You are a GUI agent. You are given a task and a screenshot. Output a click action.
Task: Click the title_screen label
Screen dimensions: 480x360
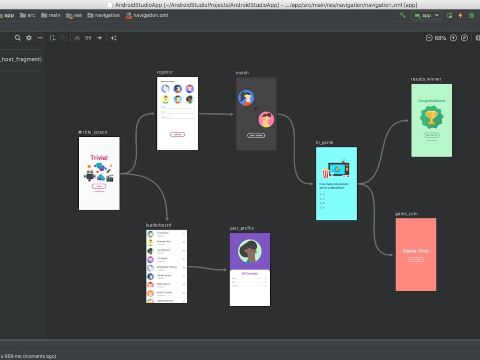click(x=95, y=132)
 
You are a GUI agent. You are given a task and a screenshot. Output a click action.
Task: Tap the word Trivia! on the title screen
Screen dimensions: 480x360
click(x=99, y=157)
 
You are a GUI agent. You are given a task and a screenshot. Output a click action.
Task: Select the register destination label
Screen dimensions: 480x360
click(x=165, y=72)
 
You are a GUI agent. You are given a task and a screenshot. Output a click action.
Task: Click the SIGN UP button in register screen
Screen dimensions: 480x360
click(x=178, y=135)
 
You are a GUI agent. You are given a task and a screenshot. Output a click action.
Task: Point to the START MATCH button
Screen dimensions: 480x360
click(x=256, y=135)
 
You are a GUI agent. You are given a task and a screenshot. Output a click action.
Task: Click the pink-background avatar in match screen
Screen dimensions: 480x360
click(x=266, y=119)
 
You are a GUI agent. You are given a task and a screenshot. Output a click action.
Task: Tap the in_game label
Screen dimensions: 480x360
click(x=324, y=143)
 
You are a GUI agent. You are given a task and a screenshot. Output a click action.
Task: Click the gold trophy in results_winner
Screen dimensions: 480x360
click(x=432, y=117)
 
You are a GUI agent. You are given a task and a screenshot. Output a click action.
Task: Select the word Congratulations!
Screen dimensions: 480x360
click(x=432, y=101)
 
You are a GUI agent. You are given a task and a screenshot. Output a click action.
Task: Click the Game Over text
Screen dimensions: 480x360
click(x=416, y=251)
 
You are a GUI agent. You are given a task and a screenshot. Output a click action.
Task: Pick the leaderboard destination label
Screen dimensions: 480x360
click(x=158, y=225)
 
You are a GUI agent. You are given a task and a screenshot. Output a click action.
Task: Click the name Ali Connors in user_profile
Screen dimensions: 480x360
click(x=250, y=274)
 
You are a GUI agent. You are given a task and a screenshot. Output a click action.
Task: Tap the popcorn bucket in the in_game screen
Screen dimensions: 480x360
click(x=326, y=173)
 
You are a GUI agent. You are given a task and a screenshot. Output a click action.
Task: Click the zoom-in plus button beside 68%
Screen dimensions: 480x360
click(x=453, y=38)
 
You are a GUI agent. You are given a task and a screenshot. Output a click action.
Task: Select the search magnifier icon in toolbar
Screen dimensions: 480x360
click(x=18, y=38)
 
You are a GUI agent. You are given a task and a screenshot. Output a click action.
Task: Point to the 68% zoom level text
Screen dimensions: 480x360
click(x=440, y=38)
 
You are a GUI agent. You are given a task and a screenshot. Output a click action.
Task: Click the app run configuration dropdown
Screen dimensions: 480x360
click(x=426, y=15)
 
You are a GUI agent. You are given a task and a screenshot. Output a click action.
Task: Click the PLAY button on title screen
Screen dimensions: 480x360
click(x=99, y=186)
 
